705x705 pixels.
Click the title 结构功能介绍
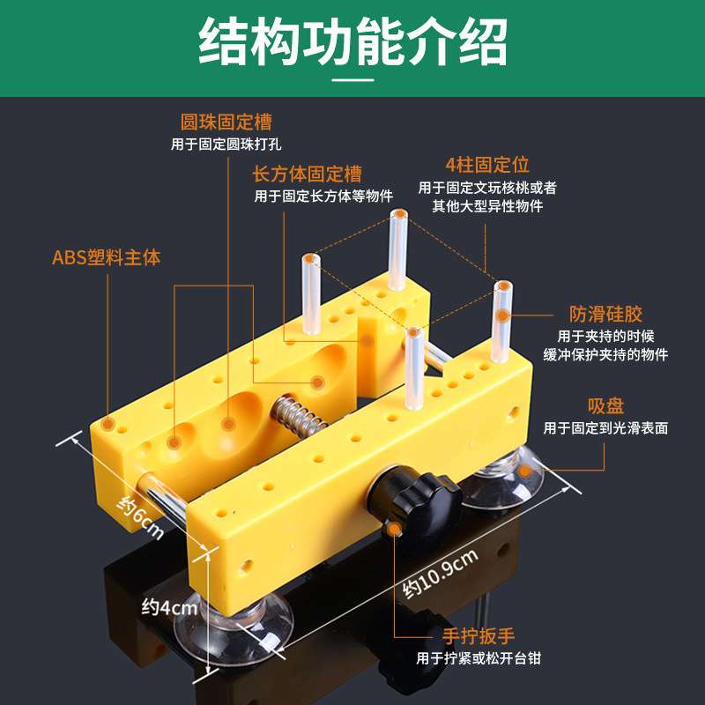(x=352, y=41)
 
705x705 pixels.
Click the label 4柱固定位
(x=487, y=165)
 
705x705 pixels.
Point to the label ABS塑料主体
(x=107, y=258)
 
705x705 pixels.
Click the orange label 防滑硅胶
(x=606, y=314)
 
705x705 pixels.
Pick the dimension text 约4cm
(x=170, y=607)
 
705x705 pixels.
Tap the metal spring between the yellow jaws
(x=301, y=413)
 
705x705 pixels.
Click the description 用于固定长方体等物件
(x=323, y=196)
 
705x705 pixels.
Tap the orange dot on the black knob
(x=393, y=529)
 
